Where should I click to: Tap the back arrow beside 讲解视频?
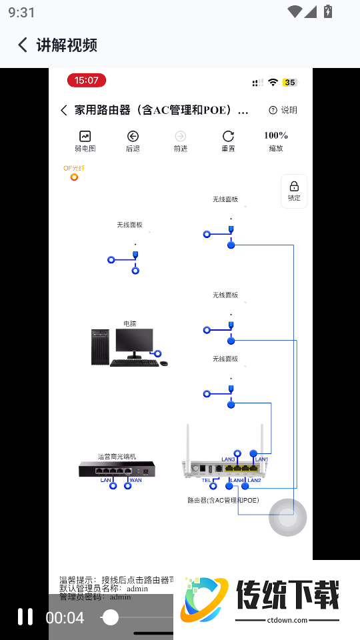pos(23,45)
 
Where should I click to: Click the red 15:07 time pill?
pos(86,81)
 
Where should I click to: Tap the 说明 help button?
pos(283,110)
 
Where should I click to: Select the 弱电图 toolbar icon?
pos(85,136)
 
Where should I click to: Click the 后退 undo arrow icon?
pos(133,136)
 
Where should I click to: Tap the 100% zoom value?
pos(276,135)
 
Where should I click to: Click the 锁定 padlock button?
pos(294,187)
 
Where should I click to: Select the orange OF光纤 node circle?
pos(74,177)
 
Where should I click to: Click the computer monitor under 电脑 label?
pos(133,341)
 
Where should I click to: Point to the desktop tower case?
pos(99,347)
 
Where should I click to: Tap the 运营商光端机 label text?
pos(117,457)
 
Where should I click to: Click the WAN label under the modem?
pos(135,480)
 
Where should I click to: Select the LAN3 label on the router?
pos(228,459)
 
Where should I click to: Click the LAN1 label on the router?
pos(261,459)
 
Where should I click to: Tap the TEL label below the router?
pos(206,480)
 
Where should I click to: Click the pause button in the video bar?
pos(25,617)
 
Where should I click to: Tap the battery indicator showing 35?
pos(289,83)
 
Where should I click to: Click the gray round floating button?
pos(287,517)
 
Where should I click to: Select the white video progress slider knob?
pos(111,617)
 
